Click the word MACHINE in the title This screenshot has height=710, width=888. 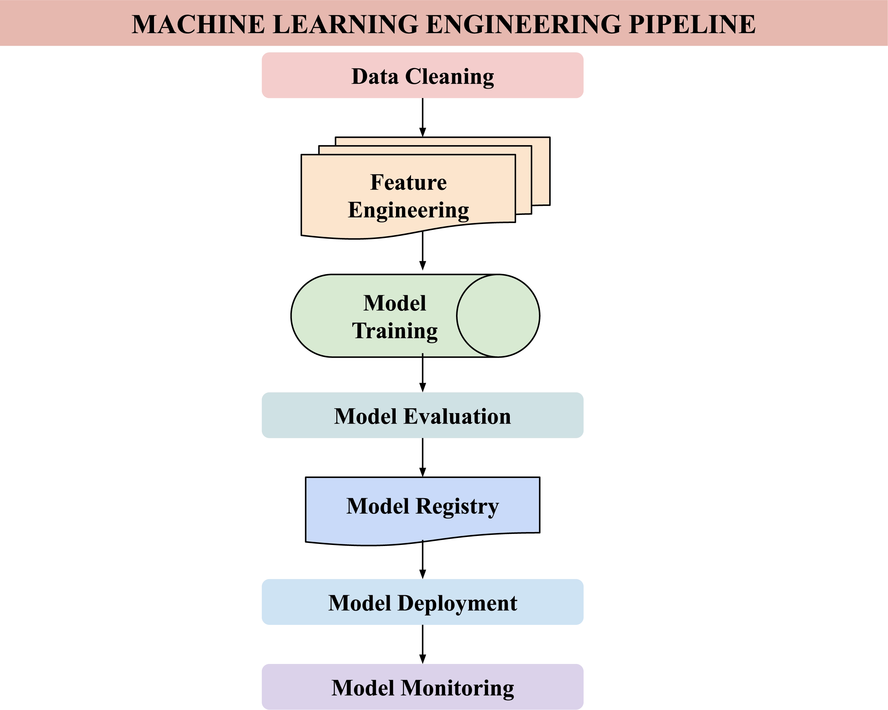click(x=198, y=24)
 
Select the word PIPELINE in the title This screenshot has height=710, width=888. click(x=692, y=24)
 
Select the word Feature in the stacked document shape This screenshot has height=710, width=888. click(x=408, y=182)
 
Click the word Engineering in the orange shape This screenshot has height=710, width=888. click(x=408, y=210)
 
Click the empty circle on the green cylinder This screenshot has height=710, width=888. click(x=498, y=316)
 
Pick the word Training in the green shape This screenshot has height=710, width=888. click(x=395, y=331)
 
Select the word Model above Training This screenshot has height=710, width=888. click(x=395, y=303)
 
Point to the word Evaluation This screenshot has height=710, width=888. click(x=457, y=417)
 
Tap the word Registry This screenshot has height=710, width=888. click(x=457, y=507)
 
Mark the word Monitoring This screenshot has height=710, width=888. click(x=457, y=688)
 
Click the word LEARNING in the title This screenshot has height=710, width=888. click(x=345, y=24)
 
